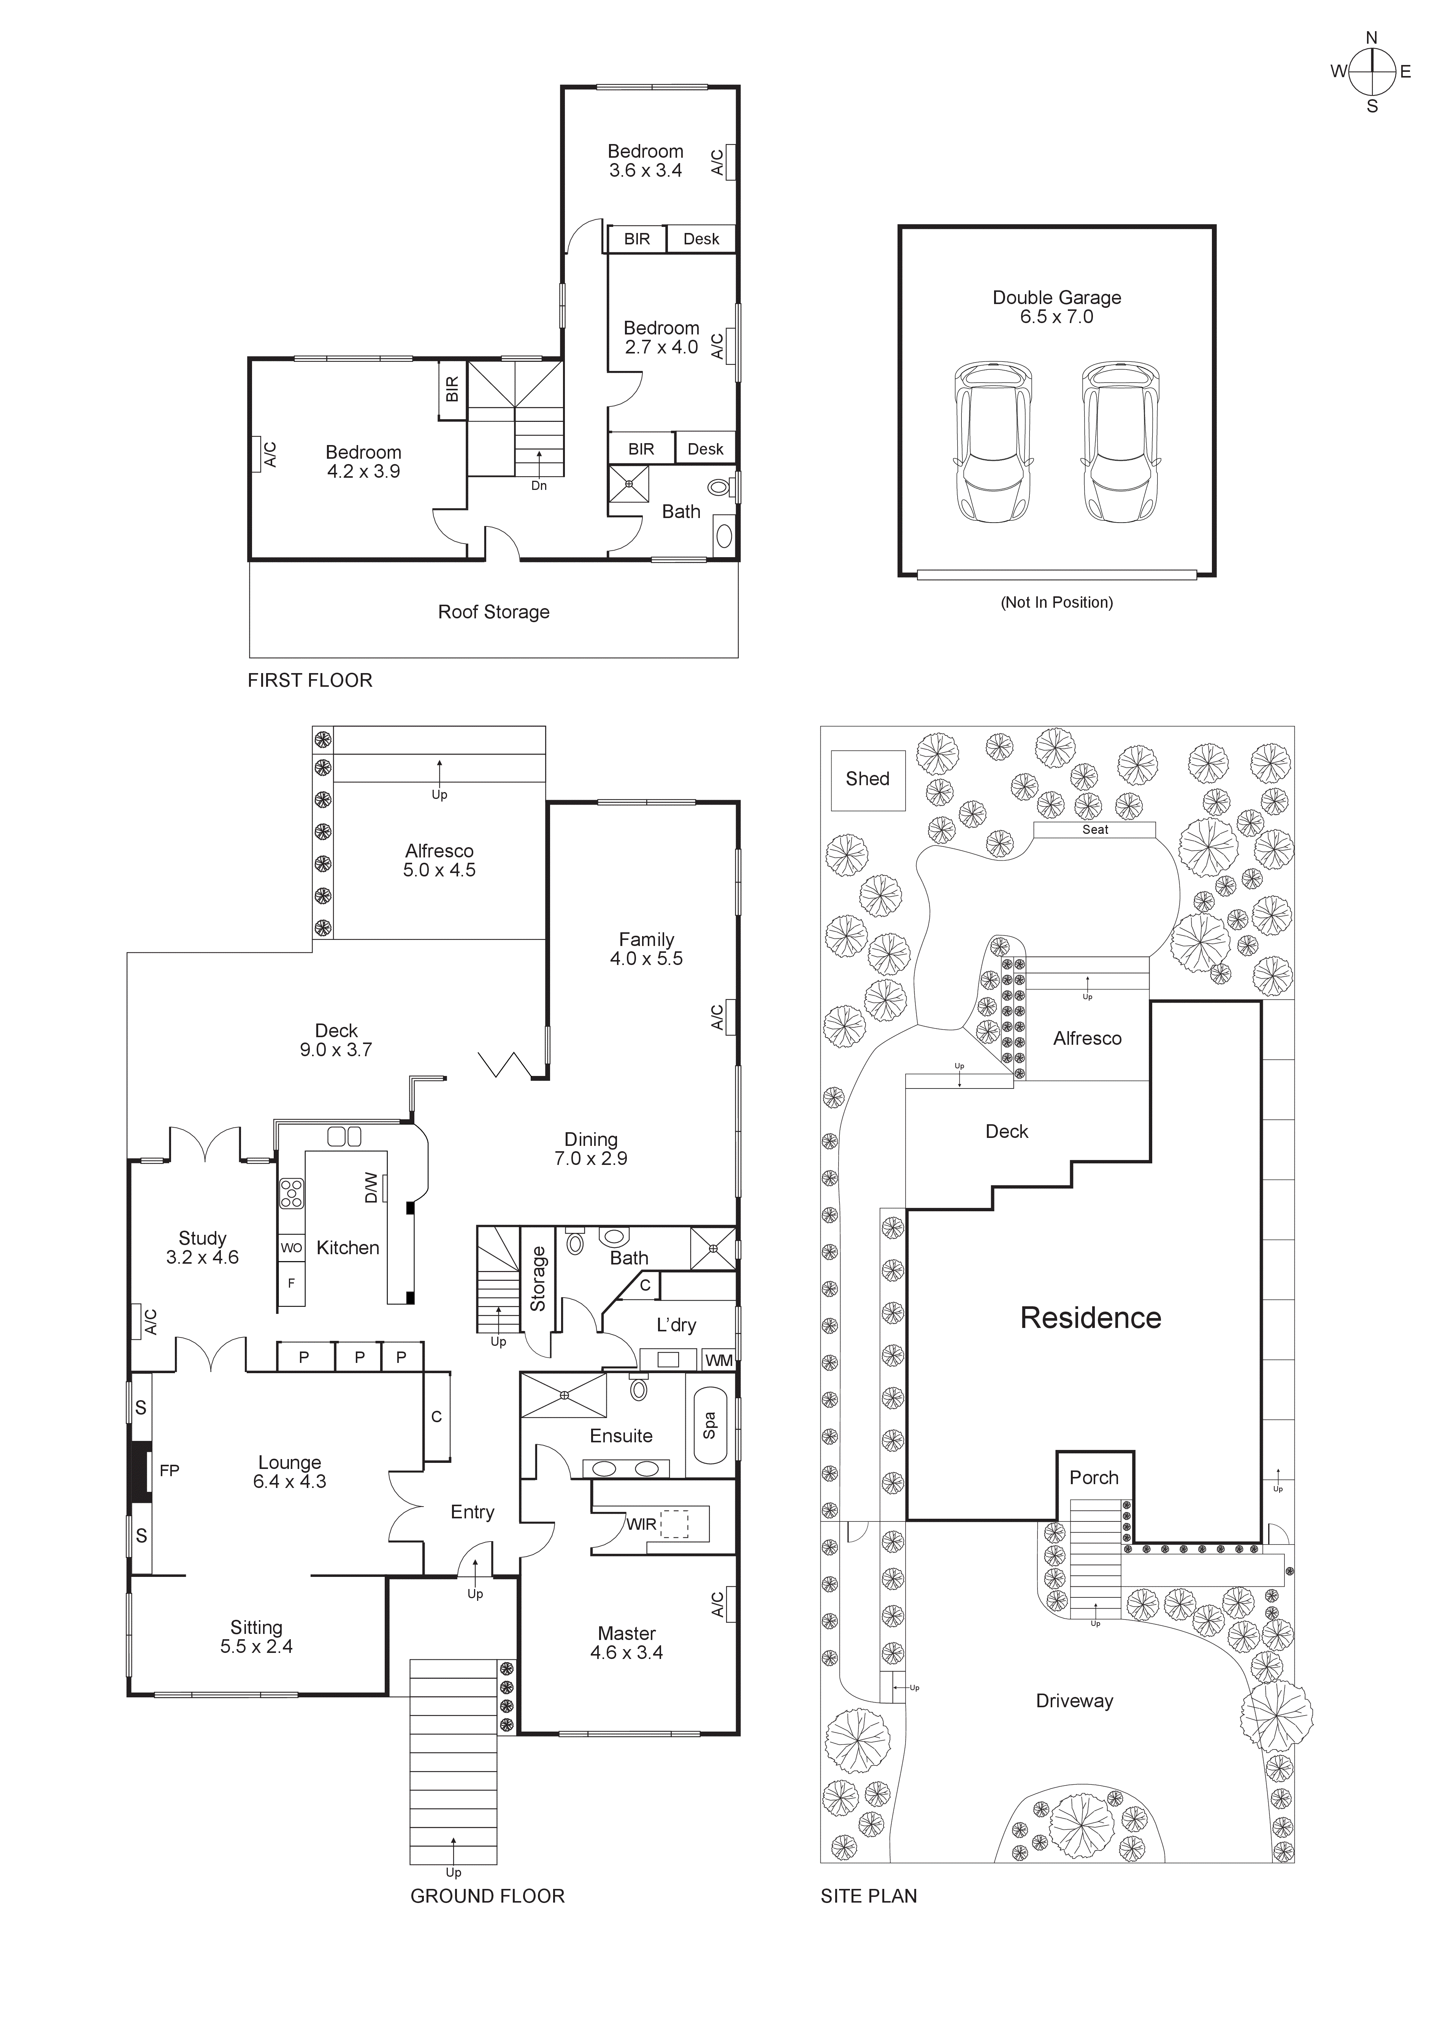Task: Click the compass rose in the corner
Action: pos(1372,72)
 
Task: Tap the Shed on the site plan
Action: pos(867,780)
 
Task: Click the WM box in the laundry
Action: pos(718,1359)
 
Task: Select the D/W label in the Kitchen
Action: pos(371,1188)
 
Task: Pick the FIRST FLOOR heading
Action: pos(309,680)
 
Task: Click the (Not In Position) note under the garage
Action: pos(1056,602)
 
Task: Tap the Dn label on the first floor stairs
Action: pos(538,486)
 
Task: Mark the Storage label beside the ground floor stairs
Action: pos(538,1279)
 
